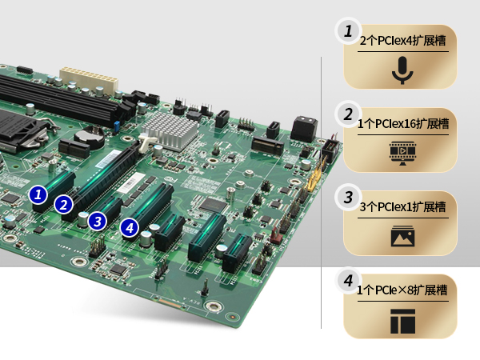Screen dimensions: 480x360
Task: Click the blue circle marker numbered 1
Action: coord(38,194)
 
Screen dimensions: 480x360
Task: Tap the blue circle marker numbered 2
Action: coord(64,205)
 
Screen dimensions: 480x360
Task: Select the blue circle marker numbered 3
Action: coord(98,222)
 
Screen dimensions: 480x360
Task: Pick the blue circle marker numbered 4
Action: coord(130,228)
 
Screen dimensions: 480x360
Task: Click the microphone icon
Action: coord(402,70)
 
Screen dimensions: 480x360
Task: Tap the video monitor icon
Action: coord(402,153)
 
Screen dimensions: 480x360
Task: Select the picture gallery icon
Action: coord(402,236)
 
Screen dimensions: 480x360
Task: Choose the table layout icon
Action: coord(402,321)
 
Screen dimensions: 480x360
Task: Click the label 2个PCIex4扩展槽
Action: coord(402,41)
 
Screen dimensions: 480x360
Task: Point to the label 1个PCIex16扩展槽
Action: coord(403,124)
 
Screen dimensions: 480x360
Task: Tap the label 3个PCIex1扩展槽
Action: coord(402,207)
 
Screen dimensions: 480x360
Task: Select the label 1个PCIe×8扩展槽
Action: coord(402,290)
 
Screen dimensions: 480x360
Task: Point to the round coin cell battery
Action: coord(89,137)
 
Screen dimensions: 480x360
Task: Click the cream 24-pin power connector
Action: coord(89,79)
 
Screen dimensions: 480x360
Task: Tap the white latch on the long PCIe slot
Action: coord(146,142)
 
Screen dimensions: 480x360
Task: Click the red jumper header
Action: coord(275,234)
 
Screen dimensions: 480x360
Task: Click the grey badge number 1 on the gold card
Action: coord(348,31)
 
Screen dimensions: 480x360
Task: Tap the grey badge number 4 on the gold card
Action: coord(348,281)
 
